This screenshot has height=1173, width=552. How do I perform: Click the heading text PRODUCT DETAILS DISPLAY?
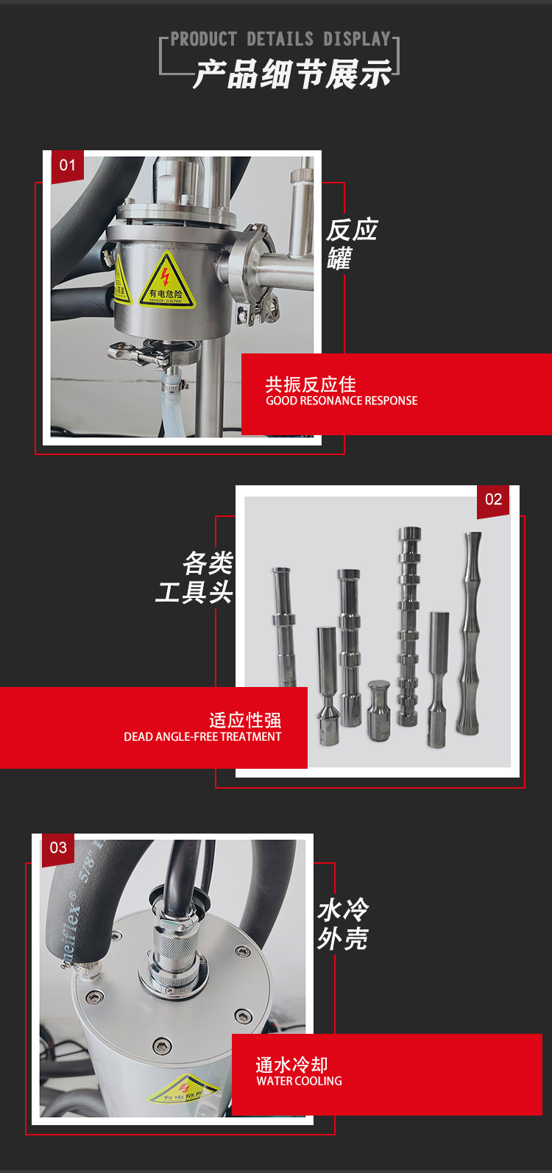coord(280,39)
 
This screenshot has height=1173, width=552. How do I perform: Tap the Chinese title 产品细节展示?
coord(292,75)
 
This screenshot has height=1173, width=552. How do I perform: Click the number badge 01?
coord(68,165)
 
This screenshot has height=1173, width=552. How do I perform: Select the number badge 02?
coord(493,499)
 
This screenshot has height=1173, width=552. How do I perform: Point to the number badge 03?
coord(58,848)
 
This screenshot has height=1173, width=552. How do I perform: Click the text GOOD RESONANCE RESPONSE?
coord(342,401)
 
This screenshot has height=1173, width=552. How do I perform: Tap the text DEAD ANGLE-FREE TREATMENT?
coord(202,737)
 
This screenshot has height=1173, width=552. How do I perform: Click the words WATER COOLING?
coord(299,1081)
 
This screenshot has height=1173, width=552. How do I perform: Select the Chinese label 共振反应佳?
coord(311,384)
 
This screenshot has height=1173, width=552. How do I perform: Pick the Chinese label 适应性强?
coord(245,720)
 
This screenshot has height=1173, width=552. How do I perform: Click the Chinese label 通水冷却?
coord(291,1065)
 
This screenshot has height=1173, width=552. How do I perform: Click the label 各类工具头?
coord(195,578)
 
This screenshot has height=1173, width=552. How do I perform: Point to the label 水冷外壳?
coord(343,924)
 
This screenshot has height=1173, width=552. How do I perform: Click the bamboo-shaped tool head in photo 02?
coord(470,633)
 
